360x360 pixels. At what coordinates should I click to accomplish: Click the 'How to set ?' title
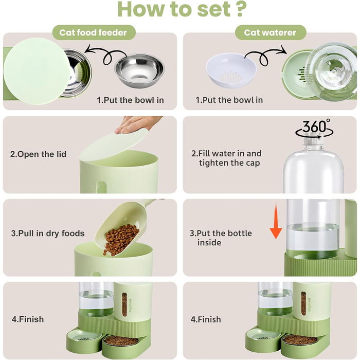click(x=182, y=9)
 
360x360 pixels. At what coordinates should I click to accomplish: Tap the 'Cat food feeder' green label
click(x=94, y=32)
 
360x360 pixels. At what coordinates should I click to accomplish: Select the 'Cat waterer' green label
click(x=270, y=32)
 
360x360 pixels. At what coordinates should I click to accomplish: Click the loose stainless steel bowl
click(x=139, y=70)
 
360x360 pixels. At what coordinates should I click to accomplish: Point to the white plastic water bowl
click(x=231, y=70)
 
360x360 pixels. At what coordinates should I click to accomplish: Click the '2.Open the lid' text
click(x=38, y=154)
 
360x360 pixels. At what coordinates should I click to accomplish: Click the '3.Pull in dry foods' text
click(x=48, y=233)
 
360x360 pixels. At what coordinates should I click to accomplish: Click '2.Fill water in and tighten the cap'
click(x=226, y=158)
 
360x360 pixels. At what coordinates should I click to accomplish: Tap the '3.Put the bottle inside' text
click(x=221, y=238)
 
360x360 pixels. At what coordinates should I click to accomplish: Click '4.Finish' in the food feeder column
click(x=28, y=319)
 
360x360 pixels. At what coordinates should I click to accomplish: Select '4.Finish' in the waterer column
click(x=206, y=319)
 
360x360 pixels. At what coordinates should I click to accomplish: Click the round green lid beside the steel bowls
click(x=37, y=71)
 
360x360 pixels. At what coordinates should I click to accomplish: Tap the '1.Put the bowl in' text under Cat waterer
click(x=229, y=100)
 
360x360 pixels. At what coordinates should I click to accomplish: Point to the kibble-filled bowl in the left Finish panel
click(x=120, y=341)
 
